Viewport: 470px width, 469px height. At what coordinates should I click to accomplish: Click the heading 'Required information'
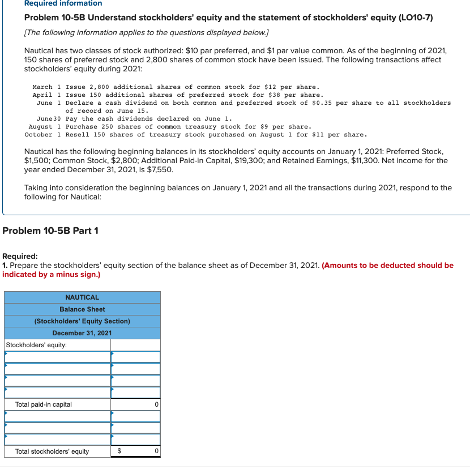click(x=63, y=3)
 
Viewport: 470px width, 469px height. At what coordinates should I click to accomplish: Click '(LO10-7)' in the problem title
click(x=415, y=18)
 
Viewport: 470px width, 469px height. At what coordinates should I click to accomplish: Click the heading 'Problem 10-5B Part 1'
click(x=50, y=231)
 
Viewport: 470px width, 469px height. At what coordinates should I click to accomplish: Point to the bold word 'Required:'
click(x=20, y=256)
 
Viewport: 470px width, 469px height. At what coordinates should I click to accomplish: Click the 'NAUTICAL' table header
click(x=82, y=297)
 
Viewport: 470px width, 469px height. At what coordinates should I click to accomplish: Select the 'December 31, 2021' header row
click(x=82, y=333)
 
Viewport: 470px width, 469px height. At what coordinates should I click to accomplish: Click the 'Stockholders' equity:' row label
click(x=36, y=345)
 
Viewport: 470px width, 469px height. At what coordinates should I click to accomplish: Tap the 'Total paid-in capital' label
click(x=44, y=404)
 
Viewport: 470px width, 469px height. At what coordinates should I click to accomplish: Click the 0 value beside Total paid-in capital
click(x=156, y=404)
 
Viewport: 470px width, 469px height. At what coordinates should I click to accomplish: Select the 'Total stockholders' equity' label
click(x=52, y=451)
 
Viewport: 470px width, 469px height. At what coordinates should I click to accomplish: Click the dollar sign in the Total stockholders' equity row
click(x=119, y=451)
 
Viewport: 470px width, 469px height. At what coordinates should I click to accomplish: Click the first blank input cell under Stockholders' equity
click(x=57, y=357)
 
